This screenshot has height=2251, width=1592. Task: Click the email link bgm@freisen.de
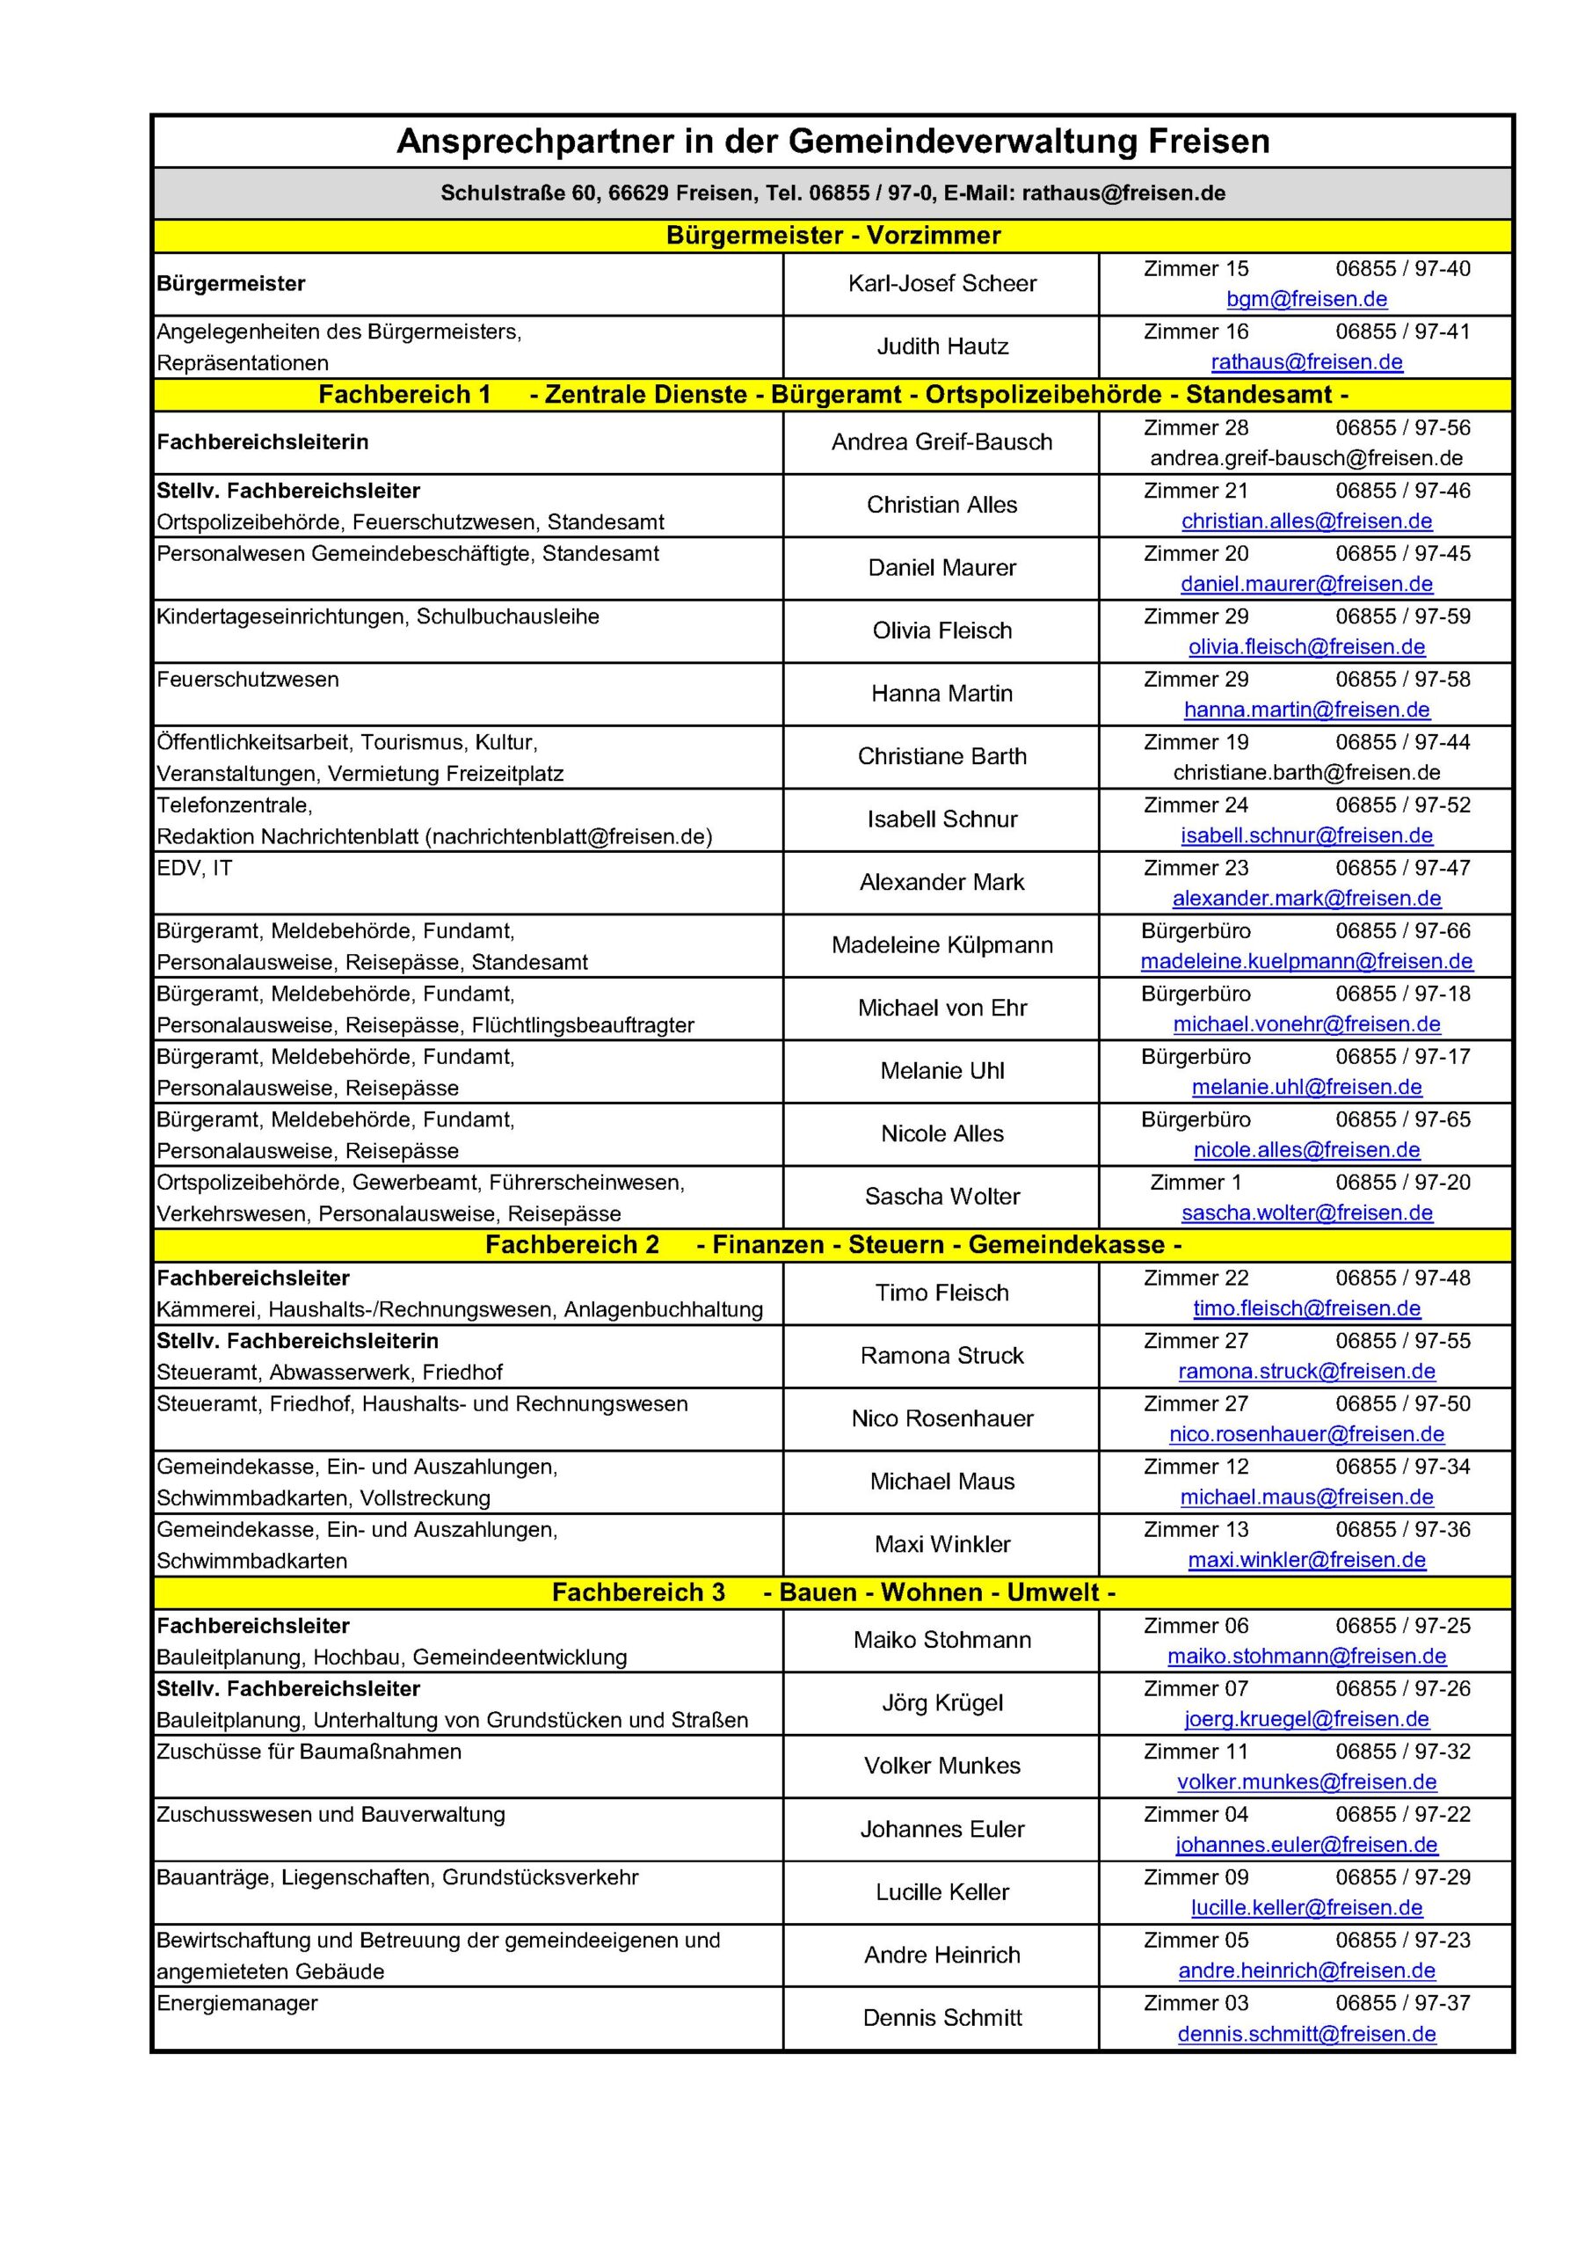click(x=1305, y=299)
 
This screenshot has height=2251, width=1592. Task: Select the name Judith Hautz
click(x=941, y=346)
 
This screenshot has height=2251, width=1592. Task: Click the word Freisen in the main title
click(x=1208, y=142)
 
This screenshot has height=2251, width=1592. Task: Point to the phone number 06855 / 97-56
click(x=1402, y=427)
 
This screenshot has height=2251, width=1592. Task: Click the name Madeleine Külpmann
click(x=941, y=945)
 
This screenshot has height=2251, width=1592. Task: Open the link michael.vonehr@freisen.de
click(x=1305, y=1024)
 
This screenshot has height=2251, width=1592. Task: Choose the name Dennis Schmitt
click(x=941, y=2018)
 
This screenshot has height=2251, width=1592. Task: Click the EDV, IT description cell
click(x=195, y=868)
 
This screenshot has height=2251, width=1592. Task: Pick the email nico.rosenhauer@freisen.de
click(x=1305, y=1433)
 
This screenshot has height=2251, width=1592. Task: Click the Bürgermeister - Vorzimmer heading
click(x=832, y=236)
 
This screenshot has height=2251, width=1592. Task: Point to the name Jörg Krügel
click(x=941, y=1703)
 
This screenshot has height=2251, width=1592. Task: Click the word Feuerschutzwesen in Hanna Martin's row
click(x=248, y=680)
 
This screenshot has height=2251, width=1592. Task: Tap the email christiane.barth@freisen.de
click(x=1305, y=773)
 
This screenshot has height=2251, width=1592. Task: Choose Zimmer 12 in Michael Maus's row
click(x=1195, y=1467)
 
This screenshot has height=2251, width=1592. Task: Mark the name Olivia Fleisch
click(x=941, y=630)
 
